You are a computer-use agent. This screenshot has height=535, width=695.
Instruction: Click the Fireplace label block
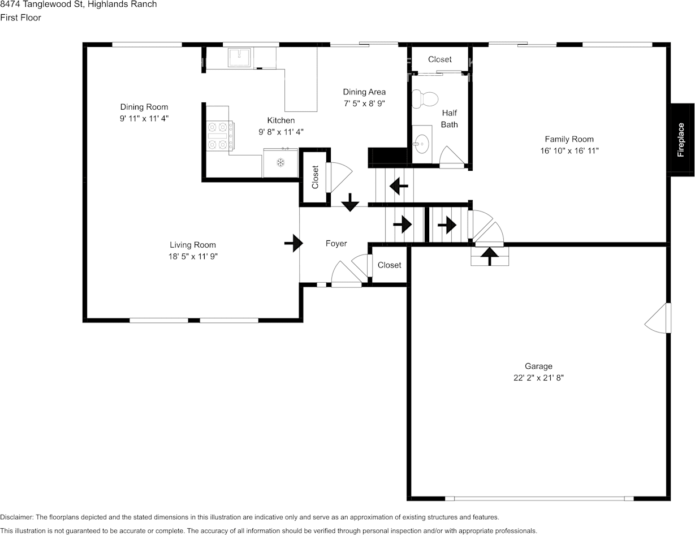(x=682, y=140)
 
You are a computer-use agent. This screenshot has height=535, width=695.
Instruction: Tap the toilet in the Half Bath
(x=425, y=99)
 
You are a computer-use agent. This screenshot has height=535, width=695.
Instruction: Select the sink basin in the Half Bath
(x=421, y=144)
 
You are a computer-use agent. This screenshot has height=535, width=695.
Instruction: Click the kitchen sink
(x=239, y=57)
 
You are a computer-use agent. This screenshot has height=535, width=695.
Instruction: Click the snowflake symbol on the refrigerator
(x=280, y=162)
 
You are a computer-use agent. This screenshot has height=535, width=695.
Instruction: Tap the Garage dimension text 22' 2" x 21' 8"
(x=538, y=378)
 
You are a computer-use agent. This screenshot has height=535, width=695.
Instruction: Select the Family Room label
(x=569, y=139)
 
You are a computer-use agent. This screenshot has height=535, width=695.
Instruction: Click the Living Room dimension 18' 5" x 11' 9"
(x=193, y=256)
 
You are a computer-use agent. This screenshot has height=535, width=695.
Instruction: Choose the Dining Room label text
(x=144, y=107)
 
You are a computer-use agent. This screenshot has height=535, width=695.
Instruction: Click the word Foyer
(x=336, y=244)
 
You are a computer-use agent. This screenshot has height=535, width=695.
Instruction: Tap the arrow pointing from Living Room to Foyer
(x=293, y=243)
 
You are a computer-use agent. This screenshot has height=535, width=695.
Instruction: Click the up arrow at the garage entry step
(x=490, y=256)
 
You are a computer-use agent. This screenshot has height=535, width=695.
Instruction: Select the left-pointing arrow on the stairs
(x=399, y=186)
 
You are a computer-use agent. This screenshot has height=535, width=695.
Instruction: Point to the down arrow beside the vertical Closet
(x=350, y=202)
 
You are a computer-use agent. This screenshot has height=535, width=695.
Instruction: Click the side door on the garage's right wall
(x=658, y=318)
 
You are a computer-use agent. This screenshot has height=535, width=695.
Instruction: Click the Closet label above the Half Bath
(x=440, y=59)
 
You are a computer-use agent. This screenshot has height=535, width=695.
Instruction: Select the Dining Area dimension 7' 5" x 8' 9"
(x=364, y=103)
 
